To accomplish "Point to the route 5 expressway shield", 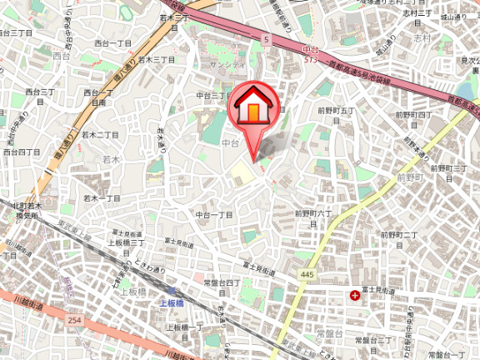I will (x=266, y=39).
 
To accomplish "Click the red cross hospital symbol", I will (x=356, y=295).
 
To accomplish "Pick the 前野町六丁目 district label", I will (x=313, y=218).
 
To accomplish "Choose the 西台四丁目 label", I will (x=22, y=152).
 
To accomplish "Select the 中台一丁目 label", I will (x=214, y=214).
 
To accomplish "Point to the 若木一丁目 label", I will (x=102, y=198).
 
